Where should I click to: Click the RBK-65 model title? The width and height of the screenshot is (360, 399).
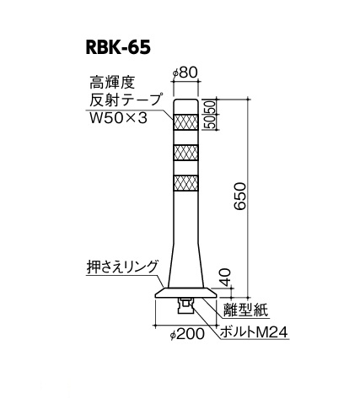tap(118, 48)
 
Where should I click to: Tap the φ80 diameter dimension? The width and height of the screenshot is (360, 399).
tap(185, 73)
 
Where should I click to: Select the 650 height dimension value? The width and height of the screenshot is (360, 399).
tap(240, 197)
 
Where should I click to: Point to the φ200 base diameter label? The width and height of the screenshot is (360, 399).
tap(187, 334)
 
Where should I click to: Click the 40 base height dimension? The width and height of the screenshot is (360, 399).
tap(225, 277)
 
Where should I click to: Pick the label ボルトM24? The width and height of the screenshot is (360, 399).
tap(254, 332)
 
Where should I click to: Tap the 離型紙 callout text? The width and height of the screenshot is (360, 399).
tap(245, 310)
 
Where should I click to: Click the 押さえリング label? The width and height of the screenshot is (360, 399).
tap(121, 267)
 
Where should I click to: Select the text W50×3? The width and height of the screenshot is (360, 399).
tap(118, 118)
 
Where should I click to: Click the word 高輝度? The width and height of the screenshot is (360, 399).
tap(112, 83)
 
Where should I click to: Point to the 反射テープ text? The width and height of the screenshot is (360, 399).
tap(126, 100)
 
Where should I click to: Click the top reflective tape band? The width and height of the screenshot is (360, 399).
tap(186, 121)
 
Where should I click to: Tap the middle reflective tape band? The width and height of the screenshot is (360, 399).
tap(186, 153)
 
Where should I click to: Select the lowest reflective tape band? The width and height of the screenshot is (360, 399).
tap(186, 183)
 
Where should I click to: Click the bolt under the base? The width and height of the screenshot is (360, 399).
tap(185, 307)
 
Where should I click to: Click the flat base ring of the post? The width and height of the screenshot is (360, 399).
tap(186, 293)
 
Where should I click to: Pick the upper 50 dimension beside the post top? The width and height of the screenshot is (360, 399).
tap(212, 106)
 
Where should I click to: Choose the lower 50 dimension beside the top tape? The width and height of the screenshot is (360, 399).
tap(212, 122)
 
